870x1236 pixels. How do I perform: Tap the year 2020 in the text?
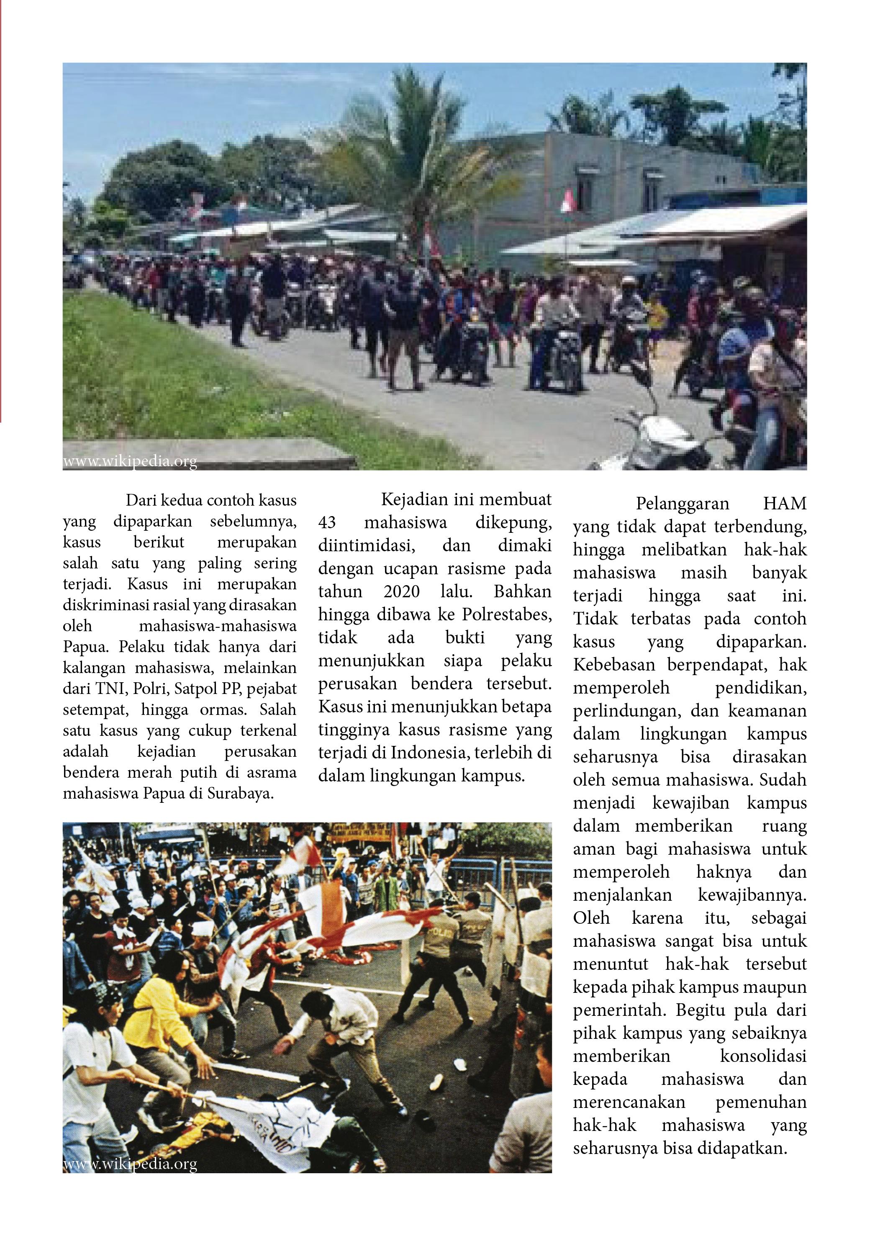[x=402, y=591]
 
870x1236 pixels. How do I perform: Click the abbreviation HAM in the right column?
[x=784, y=504]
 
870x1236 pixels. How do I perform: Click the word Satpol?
[x=200, y=689]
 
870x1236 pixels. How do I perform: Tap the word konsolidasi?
[x=763, y=1056]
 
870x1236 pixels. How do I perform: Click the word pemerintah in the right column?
[x=616, y=1010]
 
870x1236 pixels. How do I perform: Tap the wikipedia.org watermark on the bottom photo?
[x=130, y=1164]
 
